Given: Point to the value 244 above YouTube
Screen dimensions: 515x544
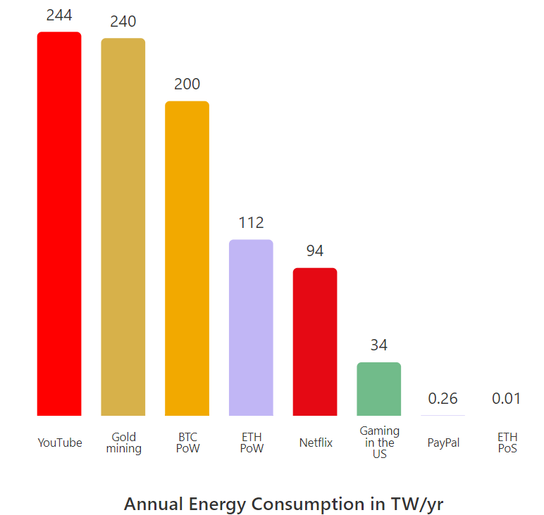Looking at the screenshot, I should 59,15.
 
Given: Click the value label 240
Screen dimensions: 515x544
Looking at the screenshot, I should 123,22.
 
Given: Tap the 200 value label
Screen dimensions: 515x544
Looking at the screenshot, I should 187,84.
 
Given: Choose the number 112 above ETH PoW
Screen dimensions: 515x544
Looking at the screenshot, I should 251,223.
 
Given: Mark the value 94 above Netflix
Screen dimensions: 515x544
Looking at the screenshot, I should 315,251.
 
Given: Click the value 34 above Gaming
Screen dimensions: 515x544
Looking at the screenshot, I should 379,345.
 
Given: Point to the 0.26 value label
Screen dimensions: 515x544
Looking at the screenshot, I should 443,399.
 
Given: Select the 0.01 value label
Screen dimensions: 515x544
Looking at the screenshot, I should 507,399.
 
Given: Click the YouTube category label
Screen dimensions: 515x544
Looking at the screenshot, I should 60,443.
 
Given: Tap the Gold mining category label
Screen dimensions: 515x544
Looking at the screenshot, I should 124,443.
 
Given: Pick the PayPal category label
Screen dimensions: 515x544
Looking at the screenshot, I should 443,443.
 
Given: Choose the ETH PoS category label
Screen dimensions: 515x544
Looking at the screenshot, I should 507,443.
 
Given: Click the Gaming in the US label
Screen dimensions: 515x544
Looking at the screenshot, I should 379,442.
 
